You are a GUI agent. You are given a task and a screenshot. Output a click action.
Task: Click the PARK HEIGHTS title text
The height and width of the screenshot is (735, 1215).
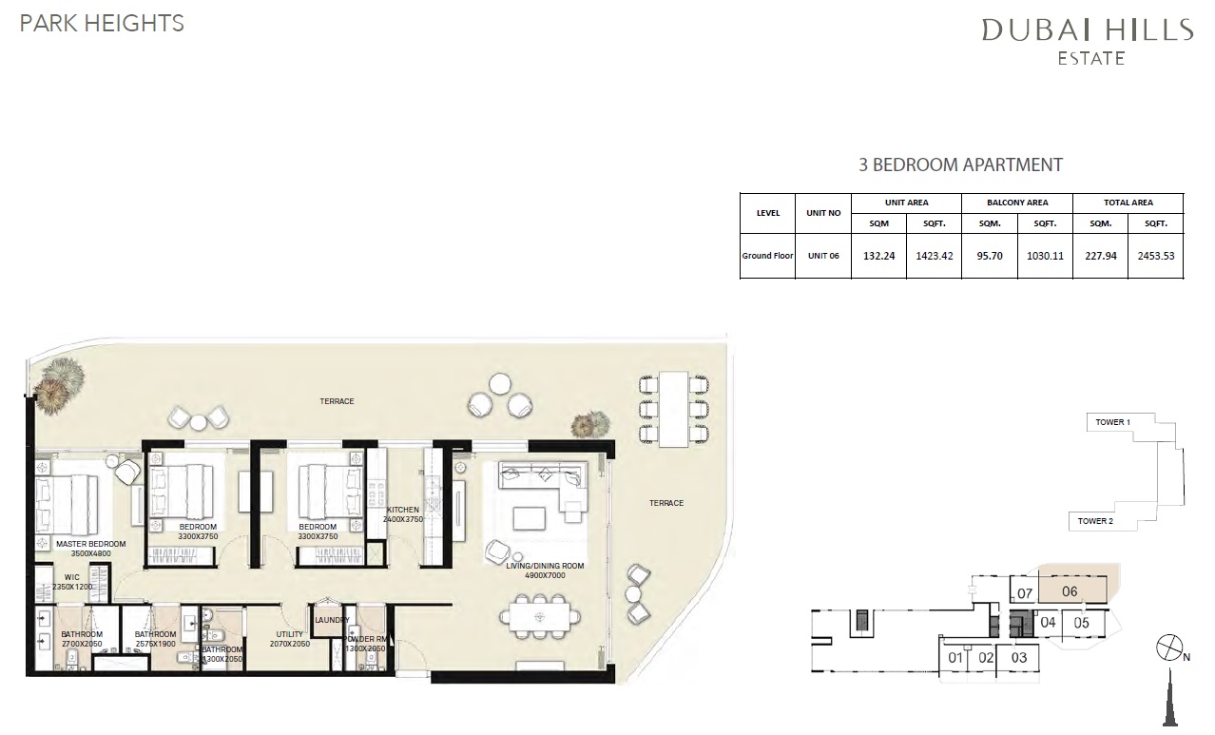102,24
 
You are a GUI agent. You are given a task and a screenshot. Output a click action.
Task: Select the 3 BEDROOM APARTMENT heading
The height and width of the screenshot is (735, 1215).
960,164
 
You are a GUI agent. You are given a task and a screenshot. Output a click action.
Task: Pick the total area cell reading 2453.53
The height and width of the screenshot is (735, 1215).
1156,256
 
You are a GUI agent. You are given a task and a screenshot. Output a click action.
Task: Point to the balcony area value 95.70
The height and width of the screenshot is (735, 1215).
990,256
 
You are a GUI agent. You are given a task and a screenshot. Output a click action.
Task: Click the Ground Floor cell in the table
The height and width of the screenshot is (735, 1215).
767,256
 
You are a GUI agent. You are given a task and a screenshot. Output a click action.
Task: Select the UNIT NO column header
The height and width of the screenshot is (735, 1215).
823,213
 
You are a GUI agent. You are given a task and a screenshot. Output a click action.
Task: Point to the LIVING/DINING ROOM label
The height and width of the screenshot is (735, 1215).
545,565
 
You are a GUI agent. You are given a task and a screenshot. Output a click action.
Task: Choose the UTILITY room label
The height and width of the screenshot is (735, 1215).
289,634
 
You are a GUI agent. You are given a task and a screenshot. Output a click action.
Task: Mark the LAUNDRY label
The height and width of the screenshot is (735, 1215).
331,620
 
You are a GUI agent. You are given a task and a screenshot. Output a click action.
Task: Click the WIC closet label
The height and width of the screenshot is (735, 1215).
72,577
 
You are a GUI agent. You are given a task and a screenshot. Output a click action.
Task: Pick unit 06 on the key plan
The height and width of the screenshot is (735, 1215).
1070,591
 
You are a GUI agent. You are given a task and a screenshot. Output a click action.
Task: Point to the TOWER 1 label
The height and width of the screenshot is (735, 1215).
1112,422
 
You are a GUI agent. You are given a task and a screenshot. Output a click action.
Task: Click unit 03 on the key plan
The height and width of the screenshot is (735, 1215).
1019,657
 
